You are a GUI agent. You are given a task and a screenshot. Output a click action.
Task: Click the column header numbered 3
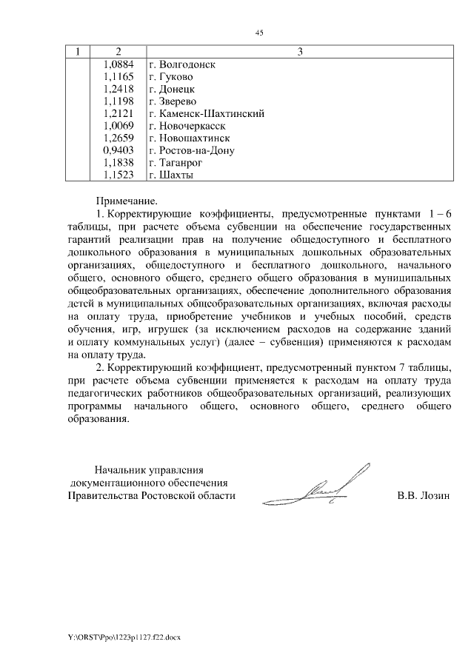pos(299,52)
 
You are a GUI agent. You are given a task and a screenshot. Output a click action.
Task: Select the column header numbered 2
pos(118,52)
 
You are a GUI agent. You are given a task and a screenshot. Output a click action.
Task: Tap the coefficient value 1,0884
pos(120,64)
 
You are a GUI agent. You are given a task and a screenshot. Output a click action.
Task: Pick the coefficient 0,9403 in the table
pos(120,150)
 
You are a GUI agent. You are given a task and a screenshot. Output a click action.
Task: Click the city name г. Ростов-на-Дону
pos(191,150)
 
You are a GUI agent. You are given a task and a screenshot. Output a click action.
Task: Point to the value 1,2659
pos(120,138)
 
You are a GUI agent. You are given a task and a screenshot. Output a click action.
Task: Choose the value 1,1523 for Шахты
pos(120,175)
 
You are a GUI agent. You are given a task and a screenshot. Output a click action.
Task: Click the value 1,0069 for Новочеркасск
pos(120,126)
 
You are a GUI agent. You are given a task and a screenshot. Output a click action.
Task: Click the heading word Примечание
pos(127,201)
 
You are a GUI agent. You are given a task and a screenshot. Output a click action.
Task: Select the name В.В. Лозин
pos(424,496)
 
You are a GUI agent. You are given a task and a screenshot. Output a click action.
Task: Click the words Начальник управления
pos(148,469)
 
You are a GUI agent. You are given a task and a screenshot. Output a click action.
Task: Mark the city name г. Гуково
pos(171,77)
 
